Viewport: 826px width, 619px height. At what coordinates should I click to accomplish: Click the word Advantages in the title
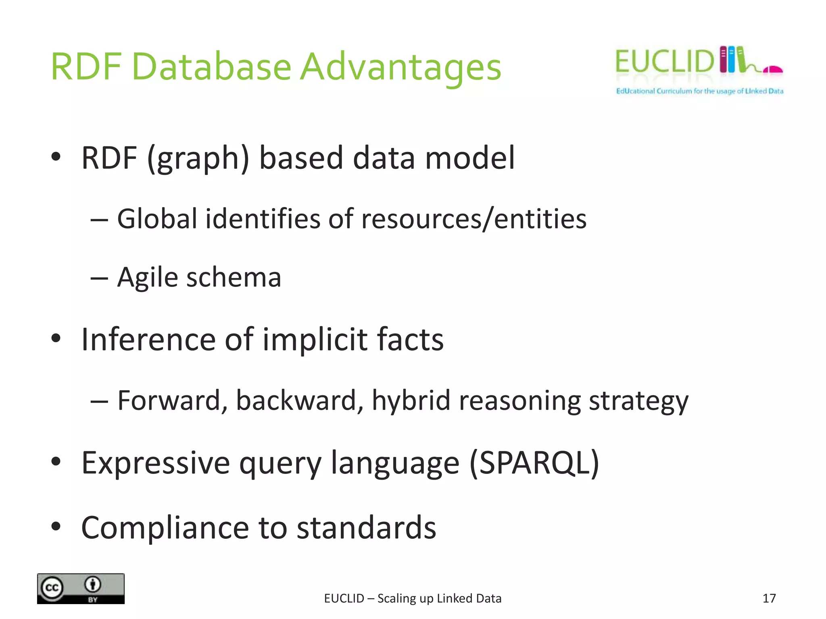401,67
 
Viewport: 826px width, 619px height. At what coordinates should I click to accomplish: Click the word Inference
148,339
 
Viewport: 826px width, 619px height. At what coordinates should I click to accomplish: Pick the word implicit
315,339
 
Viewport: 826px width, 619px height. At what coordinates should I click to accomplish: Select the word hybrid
411,401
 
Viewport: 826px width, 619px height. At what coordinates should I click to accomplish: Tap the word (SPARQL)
534,463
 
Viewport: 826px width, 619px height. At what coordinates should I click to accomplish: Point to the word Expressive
156,463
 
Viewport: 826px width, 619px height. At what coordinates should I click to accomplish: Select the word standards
366,528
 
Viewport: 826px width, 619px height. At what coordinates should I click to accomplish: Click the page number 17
769,598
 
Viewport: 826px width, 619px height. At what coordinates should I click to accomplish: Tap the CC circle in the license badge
52,588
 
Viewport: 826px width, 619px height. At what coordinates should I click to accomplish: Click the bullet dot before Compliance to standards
56,526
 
